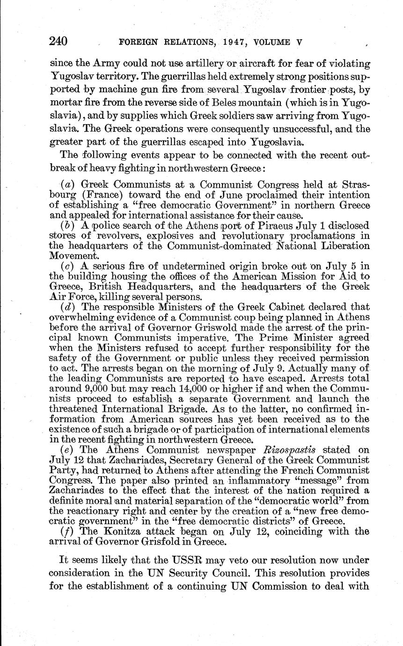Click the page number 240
point(59,41)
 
